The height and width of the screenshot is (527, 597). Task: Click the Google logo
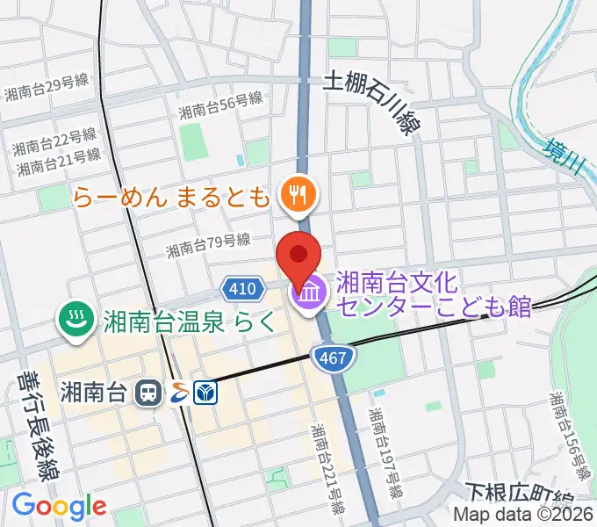59,506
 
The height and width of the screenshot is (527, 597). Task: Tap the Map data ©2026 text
523,516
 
